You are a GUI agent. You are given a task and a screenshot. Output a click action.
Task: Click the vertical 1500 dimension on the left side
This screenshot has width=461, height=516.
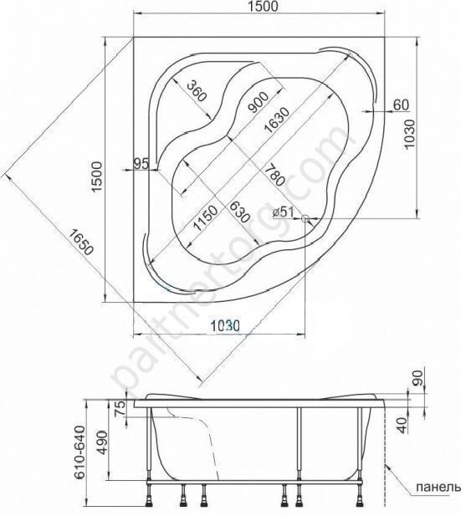97,176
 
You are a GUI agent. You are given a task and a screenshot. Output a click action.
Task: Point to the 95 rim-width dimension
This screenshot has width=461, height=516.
140,165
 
